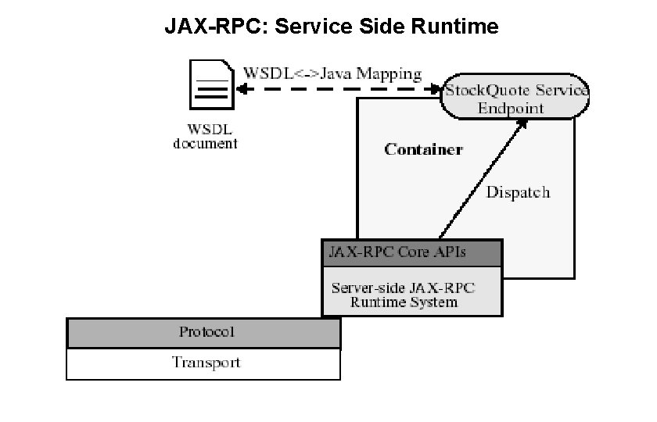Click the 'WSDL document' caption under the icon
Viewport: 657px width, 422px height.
pos(205,137)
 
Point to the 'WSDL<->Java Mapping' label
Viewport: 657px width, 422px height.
pos(333,74)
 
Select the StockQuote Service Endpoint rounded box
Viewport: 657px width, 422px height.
pos(515,98)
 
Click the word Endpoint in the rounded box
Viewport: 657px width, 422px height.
pos(511,109)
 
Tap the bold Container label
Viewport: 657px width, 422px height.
pos(423,149)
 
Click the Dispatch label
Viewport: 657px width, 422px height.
pos(518,192)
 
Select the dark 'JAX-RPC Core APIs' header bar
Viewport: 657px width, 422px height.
pos(411,253)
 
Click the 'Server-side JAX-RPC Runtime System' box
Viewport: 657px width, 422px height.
pos(411,294)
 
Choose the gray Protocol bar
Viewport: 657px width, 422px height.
pos(203,332)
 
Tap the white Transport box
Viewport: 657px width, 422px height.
pos(203,363)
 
